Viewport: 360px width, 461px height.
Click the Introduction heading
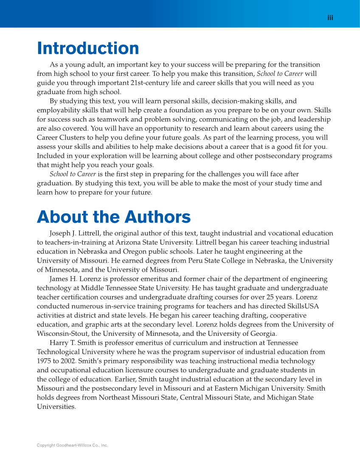click(x=88, y=49)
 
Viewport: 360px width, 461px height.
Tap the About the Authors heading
click(x=114, y=217)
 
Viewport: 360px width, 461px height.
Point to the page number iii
click(x=330, y=17)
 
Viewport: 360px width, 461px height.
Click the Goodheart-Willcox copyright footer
click(x=72, y=445)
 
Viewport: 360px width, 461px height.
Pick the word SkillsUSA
click(x=302, y=306)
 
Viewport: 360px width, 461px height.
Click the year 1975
click(x=44, y=361)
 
